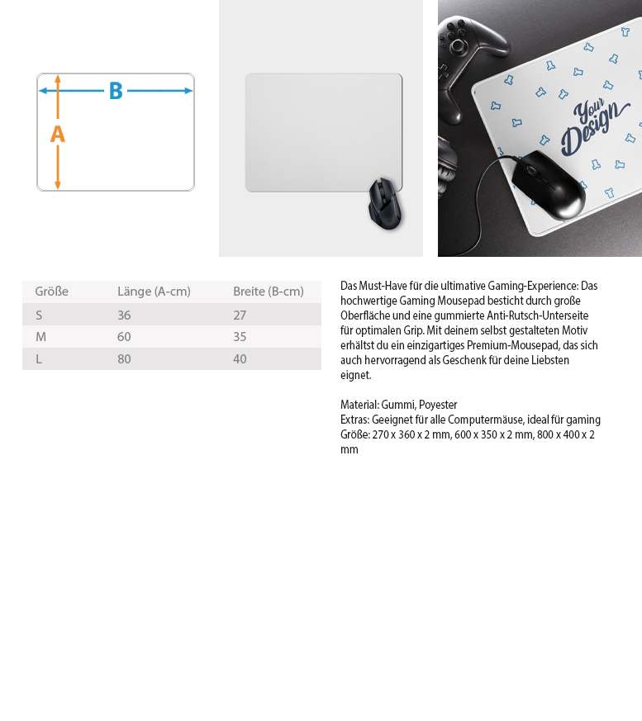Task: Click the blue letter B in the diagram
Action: [116, 91]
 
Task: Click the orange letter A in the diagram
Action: [58, 135]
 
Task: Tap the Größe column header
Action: [51, 292]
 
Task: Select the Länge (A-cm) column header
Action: [154, 292]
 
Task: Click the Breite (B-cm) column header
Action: [268, 292]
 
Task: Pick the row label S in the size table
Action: [39, 315]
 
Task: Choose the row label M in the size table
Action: [40, 337]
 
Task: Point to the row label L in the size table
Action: [39, 359]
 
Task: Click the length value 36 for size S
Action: [124, 315]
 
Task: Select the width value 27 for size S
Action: [240, 315]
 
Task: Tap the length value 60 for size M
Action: [124, 337]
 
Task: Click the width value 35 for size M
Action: [240, 337]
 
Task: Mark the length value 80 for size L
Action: [124, 359]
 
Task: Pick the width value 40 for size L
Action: [240, 359]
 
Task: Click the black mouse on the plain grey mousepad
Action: [385, 204]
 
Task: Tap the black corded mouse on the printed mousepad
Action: [549, 185]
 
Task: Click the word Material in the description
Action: [359, 405]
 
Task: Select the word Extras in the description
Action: [354, 420]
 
